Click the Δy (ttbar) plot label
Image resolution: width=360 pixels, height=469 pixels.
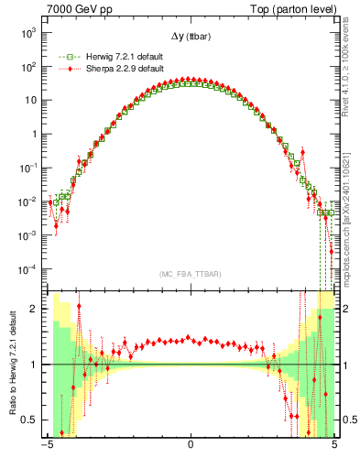191,36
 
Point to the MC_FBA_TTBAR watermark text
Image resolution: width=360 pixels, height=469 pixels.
191,274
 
